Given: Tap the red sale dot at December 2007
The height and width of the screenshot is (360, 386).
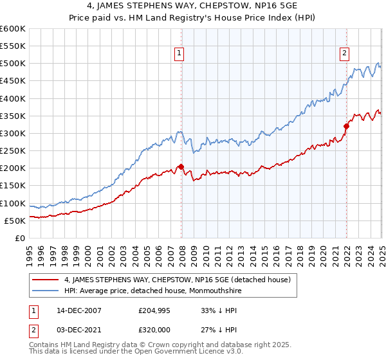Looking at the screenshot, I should pos(181,167).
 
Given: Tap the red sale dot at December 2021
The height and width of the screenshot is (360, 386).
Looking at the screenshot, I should pos(346,127).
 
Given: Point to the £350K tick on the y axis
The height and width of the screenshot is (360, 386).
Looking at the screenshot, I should pos(13,116).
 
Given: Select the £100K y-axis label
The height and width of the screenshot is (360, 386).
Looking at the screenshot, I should pos(13,204).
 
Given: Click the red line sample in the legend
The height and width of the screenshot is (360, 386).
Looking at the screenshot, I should pos(46,280).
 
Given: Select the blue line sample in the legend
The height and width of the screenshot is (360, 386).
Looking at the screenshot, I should pos(46,291).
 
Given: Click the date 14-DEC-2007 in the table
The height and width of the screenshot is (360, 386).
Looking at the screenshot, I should pos(74,310).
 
